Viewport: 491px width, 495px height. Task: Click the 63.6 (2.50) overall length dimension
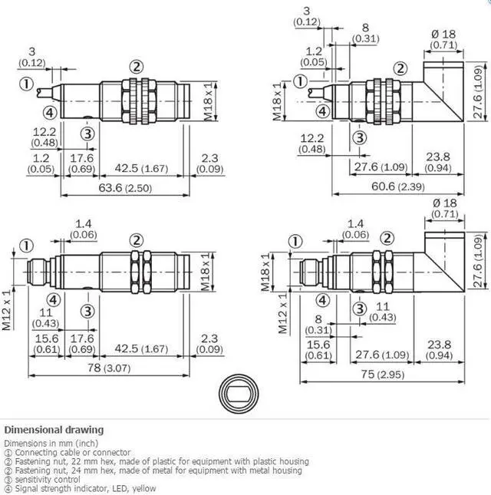tap(125, 188)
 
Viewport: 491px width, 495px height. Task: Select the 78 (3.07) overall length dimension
tap(108, 368)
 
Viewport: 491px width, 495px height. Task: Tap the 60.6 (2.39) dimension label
tap(397, 186)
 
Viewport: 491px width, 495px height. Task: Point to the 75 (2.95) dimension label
tap(383, 375)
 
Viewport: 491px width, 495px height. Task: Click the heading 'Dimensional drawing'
tap(54, 430)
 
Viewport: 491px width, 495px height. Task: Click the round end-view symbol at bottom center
tap(239, 394)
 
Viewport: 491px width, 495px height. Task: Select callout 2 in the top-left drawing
tap(137, 67)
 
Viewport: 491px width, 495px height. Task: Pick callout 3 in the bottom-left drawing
tap(87, 312)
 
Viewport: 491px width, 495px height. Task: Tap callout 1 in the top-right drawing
tap(300, 81)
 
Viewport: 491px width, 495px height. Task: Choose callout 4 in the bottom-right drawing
tap(322, 300)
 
